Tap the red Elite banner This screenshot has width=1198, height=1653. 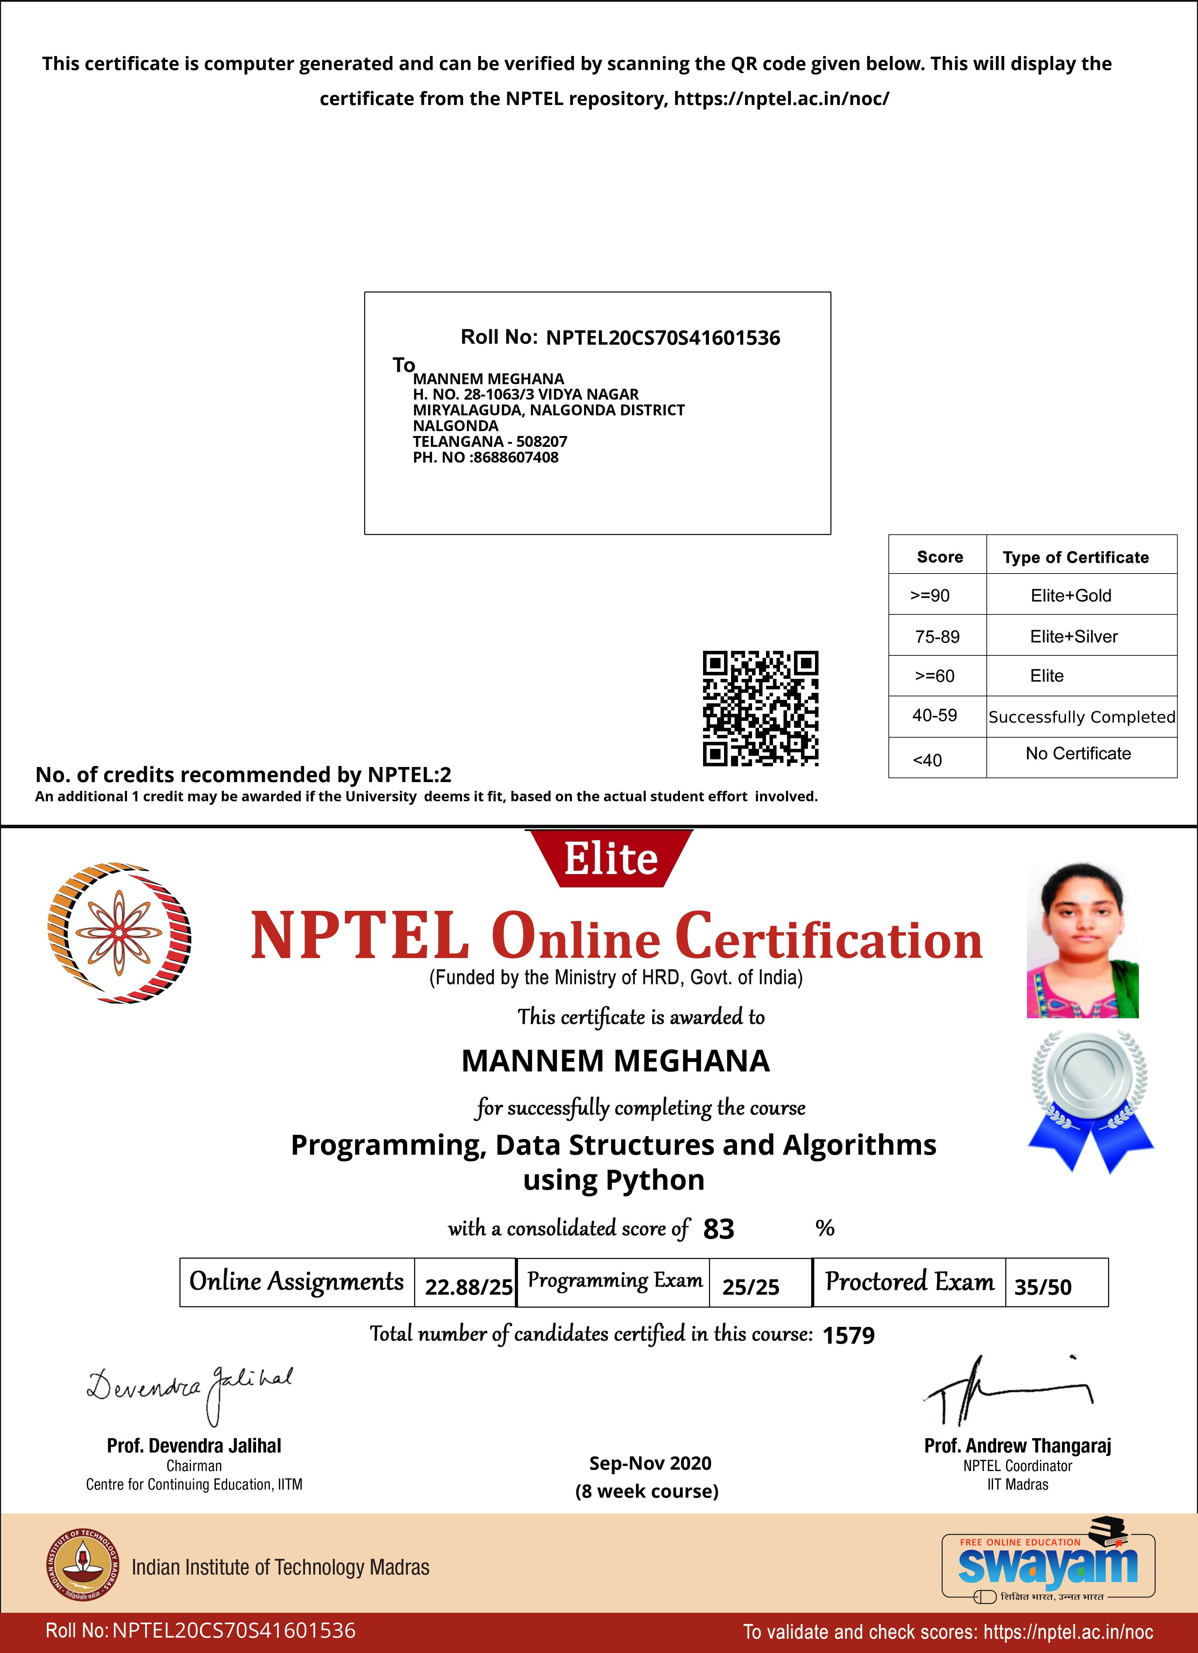[x=610, y=859]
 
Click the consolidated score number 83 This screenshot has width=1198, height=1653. [x=718, y=1229]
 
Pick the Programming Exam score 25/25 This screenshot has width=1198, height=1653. [x=751, y=1286]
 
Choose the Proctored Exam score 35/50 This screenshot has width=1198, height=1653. [x=1043, y=1286]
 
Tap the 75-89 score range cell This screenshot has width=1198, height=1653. [x=937, y=636]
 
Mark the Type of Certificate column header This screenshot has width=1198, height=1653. [x=1076, y=557]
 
